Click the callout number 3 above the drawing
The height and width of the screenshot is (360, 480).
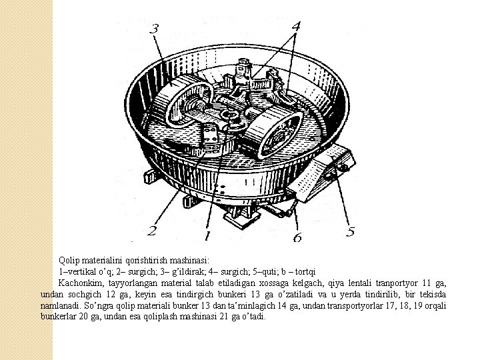click(155, 29)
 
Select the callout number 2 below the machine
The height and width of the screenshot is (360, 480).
click(152, 232)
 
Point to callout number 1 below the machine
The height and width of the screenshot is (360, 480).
click(207, 235)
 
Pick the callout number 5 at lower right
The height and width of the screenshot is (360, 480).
click(350, 233)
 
